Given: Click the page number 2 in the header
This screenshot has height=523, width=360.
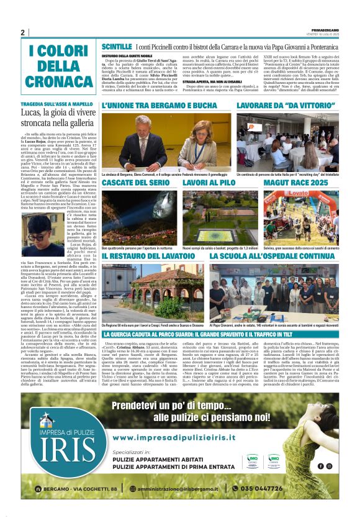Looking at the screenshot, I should pos(22,33).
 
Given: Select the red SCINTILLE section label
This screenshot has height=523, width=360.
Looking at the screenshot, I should pos(117,47).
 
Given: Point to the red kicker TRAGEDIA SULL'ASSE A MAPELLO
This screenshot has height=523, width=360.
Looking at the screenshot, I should pos(56,104).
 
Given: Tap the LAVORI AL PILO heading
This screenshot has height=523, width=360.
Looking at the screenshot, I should pos(209,183).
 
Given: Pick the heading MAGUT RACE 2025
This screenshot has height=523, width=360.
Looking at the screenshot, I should pos(296,183).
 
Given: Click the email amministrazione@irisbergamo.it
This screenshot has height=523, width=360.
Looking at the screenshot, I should pos(181,489).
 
